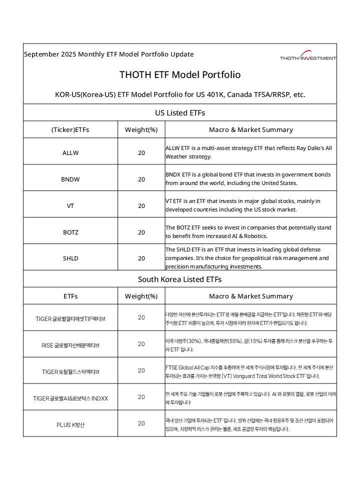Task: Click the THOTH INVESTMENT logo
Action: [308, 56]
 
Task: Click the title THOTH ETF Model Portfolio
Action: [180, 75]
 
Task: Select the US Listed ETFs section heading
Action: [180, 112]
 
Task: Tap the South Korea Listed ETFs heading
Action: [180, 279]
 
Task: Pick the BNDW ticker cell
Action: [70, 179]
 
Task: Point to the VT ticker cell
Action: [70, 205]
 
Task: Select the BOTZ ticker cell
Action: [70, 232]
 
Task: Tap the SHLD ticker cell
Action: [70, 258]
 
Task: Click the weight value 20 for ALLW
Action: [141, 152]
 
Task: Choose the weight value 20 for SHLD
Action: [141, 258]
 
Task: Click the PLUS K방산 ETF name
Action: [70, 424]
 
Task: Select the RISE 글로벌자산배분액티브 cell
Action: [70, 345]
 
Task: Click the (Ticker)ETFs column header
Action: [70, 130]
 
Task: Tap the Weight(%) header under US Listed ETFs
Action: [141, 130]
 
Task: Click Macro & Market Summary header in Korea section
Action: [251, 296]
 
